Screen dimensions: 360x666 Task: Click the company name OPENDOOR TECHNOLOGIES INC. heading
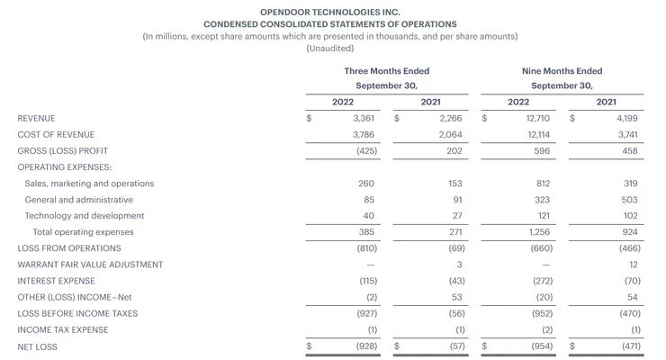tap(330, 11)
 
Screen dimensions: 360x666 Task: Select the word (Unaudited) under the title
tap(330, 49)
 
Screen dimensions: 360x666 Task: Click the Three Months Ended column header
tap(386, 71)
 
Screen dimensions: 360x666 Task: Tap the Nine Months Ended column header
tap(562, 71)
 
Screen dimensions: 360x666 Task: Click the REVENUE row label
tap(36, 118)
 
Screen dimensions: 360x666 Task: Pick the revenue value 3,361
tap(364, 118)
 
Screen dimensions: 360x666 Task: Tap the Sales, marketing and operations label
tap(89, 184)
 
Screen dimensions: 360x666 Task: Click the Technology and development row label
tap(85, 216)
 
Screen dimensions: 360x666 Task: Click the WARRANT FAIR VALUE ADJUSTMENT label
tap(90, 265)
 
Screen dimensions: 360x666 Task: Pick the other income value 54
tap(632, 297)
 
